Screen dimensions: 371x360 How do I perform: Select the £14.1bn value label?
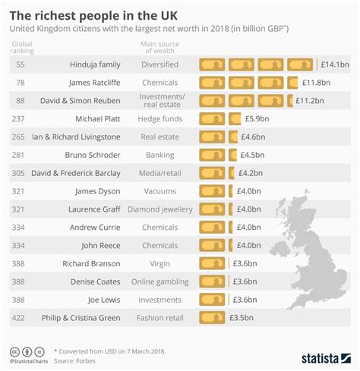coord(334,64)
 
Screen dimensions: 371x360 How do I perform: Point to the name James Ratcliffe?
coord(91,83)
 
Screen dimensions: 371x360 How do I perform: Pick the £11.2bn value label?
coord(311,100)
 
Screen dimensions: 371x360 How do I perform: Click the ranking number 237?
coord(20,118)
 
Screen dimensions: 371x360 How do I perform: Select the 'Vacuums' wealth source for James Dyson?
coord(160,191)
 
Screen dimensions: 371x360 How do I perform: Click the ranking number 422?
coord(20,318)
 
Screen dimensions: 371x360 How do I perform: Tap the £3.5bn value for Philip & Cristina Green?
coord(245,318)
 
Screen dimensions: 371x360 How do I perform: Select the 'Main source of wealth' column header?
coord(160,49)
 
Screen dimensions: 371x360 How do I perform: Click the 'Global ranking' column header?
coord(23,49)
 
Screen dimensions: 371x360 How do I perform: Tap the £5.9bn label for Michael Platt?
coord(257,118)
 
